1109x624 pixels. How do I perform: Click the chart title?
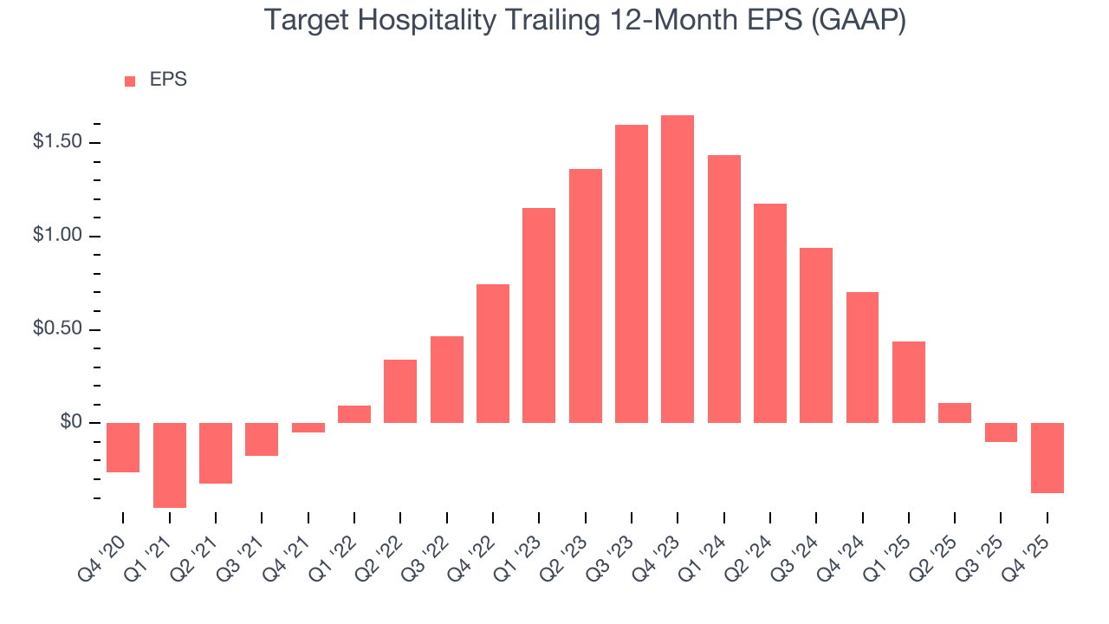pyautogui.click(x=585, y=21)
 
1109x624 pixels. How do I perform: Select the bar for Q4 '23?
pyautogui.click(x=678, y=269)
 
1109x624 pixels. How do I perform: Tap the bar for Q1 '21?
pyautogui.click(x=170, y=465)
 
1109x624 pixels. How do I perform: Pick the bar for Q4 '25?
pyautogui.click(x=1047, y=458)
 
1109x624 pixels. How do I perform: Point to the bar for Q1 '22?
pyautogui.click(x=354, y=413)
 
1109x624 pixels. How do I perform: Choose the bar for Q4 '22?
pyautogui.click(x=493, y=353)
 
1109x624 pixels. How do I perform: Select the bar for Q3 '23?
pyautogui.click(x=632, y=273)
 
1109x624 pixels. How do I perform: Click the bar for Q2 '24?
pyautogui.click(x=770, y=313)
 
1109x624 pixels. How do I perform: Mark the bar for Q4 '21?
pyautogui.click(x=308, y=427)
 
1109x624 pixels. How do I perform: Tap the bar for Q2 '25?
pyautogui.click(x=954, y=413)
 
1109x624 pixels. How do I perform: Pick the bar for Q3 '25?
pyautogui.click(x=1001, y=432)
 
